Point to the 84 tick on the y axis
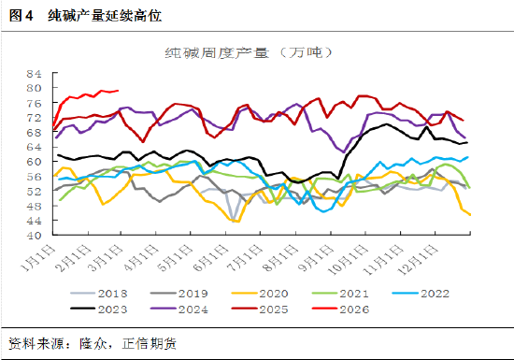click(x=36, y=73)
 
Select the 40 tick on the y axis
click(x=36, y=235)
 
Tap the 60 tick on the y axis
click(x=36, y=161)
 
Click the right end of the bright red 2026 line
click(x=118, y=91)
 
